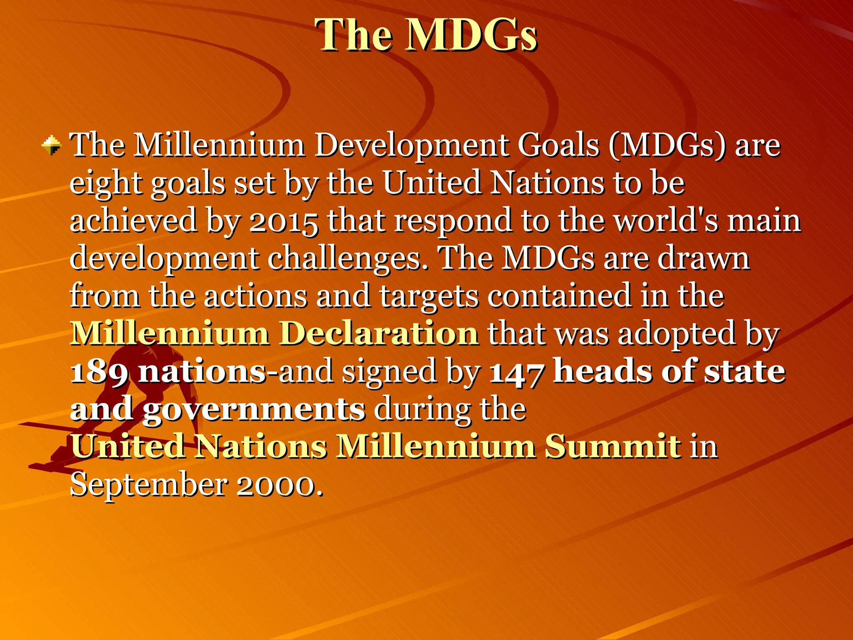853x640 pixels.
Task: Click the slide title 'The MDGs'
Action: tap(426, 35)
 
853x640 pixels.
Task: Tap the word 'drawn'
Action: tap(704, 258)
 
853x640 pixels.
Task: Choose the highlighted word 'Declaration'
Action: tap(379, 333)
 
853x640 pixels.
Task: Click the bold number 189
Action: tap(99, 372)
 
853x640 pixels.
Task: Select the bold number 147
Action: tap(516, 372)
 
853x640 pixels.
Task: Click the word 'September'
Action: tap(149, 484)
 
